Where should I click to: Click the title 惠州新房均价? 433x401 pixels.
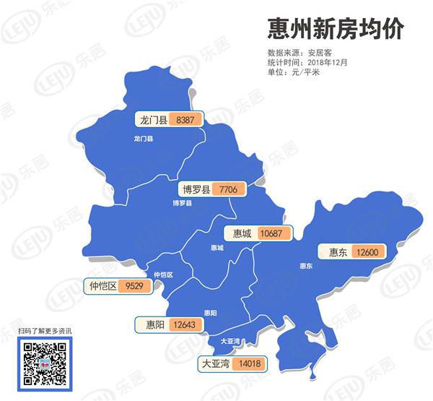pyautogui.click(x=334, y=29)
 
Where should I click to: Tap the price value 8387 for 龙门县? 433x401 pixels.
pyautogui.click(x=185, y=119)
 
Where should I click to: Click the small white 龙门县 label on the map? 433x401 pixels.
pyautogui.click(x=144, y=138)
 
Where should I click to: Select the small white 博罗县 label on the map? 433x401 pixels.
pyautogui.click(x=182, y=204)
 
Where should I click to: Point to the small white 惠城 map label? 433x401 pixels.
pyautogui.click(x=217, y=248)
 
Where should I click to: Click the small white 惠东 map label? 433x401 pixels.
pyautogui.click(x=306, y=266)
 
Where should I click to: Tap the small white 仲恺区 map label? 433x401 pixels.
pyautogui.click(x=164, y=275)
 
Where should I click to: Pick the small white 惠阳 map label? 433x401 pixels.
pyautogui.click(x=210, y=312)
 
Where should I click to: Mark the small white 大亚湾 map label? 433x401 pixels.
pyautogui.click(x=230, y=340)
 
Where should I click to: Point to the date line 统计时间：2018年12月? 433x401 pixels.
pyautogui.click(x=307, y=62)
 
